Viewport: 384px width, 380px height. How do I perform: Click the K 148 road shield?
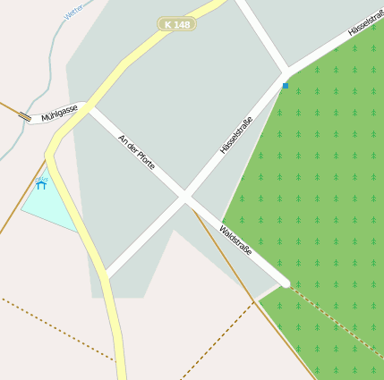[x=177, y=24]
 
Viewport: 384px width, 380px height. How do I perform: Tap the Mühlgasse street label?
[x=59, y=113]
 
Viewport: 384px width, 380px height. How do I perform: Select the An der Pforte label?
[x=137, y=151]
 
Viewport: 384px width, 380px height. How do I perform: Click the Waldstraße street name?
[x=235, y=240]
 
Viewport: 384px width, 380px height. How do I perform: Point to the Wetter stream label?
[x=74, y=10]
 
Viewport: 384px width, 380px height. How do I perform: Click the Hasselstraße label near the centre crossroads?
[x=236, y=135]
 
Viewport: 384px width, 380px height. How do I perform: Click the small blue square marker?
[x=286, y=86]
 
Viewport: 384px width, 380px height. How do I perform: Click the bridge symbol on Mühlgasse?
[x=25, y=116]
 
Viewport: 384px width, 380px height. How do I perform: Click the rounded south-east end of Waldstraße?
[x=285, y=283]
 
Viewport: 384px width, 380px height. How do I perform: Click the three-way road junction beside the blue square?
[x=286, y=72]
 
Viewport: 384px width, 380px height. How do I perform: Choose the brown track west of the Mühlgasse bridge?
[x=9, y=108]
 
